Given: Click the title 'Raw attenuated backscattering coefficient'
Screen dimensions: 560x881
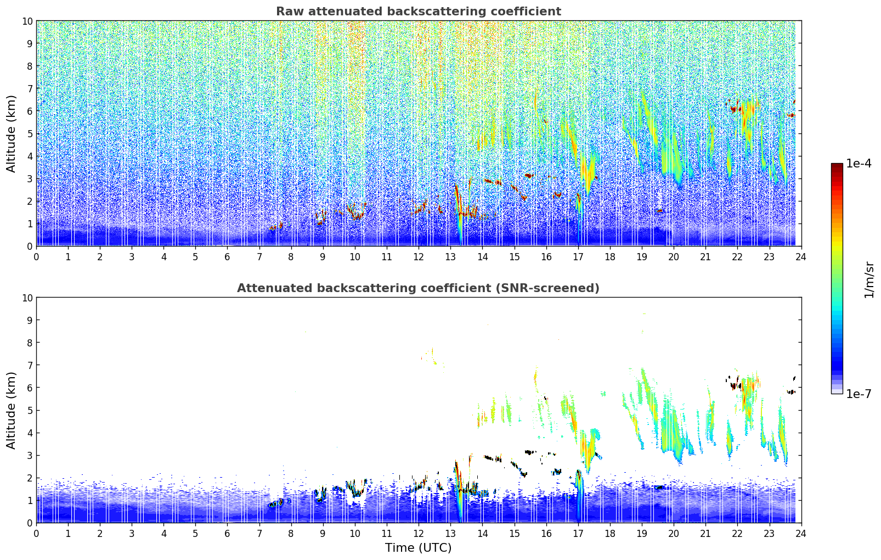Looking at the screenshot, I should [418, 12].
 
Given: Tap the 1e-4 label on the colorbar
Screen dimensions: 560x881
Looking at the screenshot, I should [859, 164].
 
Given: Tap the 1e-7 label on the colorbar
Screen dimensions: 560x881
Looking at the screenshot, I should [859, 394].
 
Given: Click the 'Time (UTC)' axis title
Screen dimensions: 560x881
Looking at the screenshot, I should [418, 548].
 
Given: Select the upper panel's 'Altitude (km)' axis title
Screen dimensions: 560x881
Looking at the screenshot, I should [12, 133].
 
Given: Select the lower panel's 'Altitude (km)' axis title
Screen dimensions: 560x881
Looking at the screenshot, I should [12, 410].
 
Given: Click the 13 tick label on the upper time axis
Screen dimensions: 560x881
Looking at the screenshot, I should [450, 256].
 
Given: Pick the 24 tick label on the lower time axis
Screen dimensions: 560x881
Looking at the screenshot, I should [801, 533].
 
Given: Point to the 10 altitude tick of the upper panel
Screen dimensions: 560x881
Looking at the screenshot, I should [27, 21].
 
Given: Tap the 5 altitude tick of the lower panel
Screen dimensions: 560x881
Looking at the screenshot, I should [30, 410].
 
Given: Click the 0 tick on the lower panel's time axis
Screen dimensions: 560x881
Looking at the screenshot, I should [37, 533].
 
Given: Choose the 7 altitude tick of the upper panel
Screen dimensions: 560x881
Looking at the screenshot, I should [30, 88].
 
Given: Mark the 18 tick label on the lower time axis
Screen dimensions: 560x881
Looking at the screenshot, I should [610, 533].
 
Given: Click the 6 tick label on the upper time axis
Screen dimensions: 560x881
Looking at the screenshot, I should [228, 256].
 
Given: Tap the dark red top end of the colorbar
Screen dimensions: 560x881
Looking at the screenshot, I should [837, 165].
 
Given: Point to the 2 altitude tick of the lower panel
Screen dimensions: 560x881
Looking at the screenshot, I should [30, 478].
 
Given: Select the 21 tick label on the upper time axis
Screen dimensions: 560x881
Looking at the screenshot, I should [705, 256].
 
